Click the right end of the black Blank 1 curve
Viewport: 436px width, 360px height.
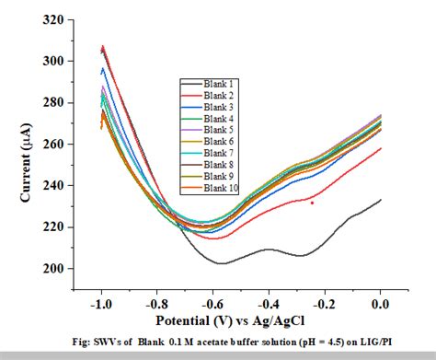click(x=380, y=199)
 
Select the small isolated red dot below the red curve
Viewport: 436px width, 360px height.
click(x=313, y=203)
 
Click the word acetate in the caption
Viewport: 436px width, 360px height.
click(x=201, y=343)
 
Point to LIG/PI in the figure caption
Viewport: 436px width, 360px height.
click(x=384, y=343)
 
